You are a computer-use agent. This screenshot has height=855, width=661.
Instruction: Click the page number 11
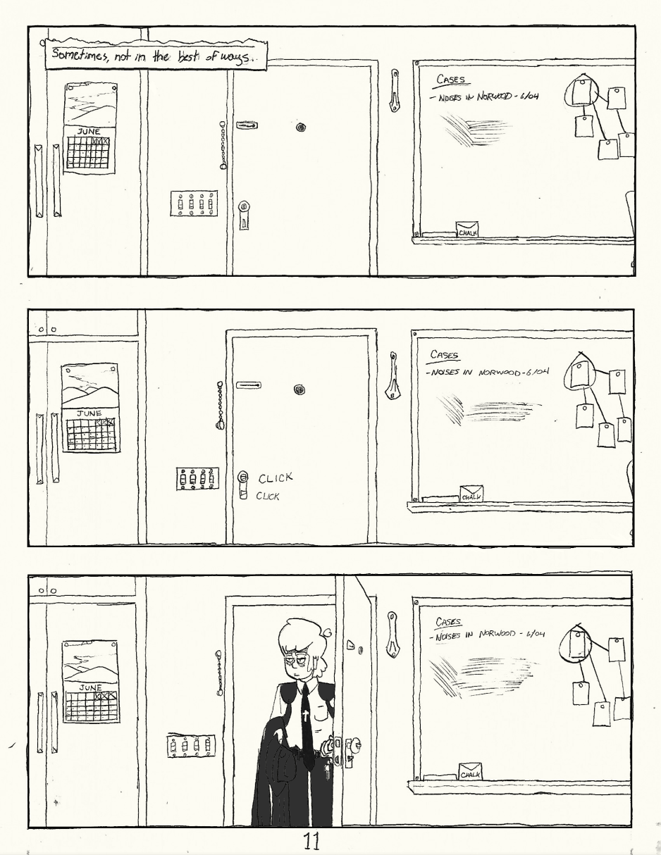pyautogui.click(x=311, y=841)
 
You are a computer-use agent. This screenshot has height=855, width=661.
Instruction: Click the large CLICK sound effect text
pyautogui.click(x=276, y=478)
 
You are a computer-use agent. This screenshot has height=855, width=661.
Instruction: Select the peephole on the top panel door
pyautogui.click(x=301, y=127)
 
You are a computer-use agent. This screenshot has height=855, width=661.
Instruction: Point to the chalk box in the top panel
pyautogui.click(x=467, y=229)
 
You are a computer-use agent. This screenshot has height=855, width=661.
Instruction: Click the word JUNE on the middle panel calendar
pyautogui.click(x=89, y=413)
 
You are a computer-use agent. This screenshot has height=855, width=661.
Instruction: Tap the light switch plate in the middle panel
pyautogui.click(x=197, y=478)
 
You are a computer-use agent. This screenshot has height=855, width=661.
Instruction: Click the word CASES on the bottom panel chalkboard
pyautogui.click(x=448, y=622)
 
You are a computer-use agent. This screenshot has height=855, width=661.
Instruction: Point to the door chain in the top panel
pyautogui.click(x=223, y=145)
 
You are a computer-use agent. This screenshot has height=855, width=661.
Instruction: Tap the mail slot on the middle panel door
pyautogui.click(x=249, y=385)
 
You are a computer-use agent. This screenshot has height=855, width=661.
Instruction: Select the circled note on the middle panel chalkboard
pyautogui.click(x=579, y=374)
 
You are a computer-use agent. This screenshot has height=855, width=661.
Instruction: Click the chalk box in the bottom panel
pyautogui.click(x=471, y=772)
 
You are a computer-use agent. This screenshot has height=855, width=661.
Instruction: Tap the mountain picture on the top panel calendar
pyautogui.click(x=91, y=104)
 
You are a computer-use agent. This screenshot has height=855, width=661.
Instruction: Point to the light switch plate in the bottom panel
pyautogui.click(x=191, y=745)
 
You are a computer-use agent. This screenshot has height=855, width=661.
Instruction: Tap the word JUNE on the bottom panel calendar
pyautogui.click(x=90, y=688)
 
